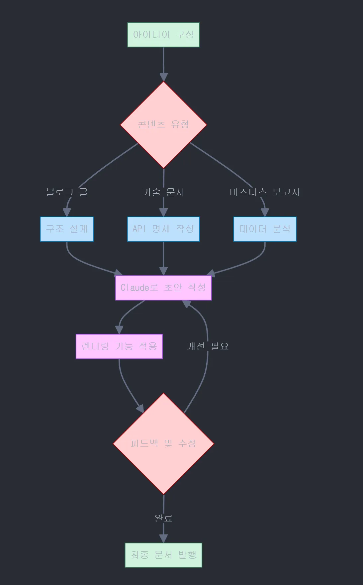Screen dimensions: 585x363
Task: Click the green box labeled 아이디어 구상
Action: (163, 35)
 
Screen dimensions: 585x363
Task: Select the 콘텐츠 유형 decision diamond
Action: (163, 125)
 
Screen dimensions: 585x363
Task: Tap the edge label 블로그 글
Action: (67, 192)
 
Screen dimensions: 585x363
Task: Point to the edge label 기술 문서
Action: (163, 192)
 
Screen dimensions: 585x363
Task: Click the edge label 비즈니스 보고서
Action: (265, 192)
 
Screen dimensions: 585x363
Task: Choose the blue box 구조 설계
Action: (67, 229)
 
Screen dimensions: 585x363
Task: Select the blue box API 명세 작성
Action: (163, 229)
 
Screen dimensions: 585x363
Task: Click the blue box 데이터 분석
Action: (265, 229)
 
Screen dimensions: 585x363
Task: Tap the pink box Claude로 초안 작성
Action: (163, 288)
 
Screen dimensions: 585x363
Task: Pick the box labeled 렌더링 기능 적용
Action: (119, 346)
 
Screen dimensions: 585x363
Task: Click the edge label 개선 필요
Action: (208, 346)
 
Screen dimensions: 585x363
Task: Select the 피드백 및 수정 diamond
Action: (163, 444)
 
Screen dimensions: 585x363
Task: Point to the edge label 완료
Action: (163, 518)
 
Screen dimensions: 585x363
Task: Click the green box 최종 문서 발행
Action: (163, 555)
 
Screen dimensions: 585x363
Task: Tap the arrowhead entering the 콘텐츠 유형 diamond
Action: (163, 77)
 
